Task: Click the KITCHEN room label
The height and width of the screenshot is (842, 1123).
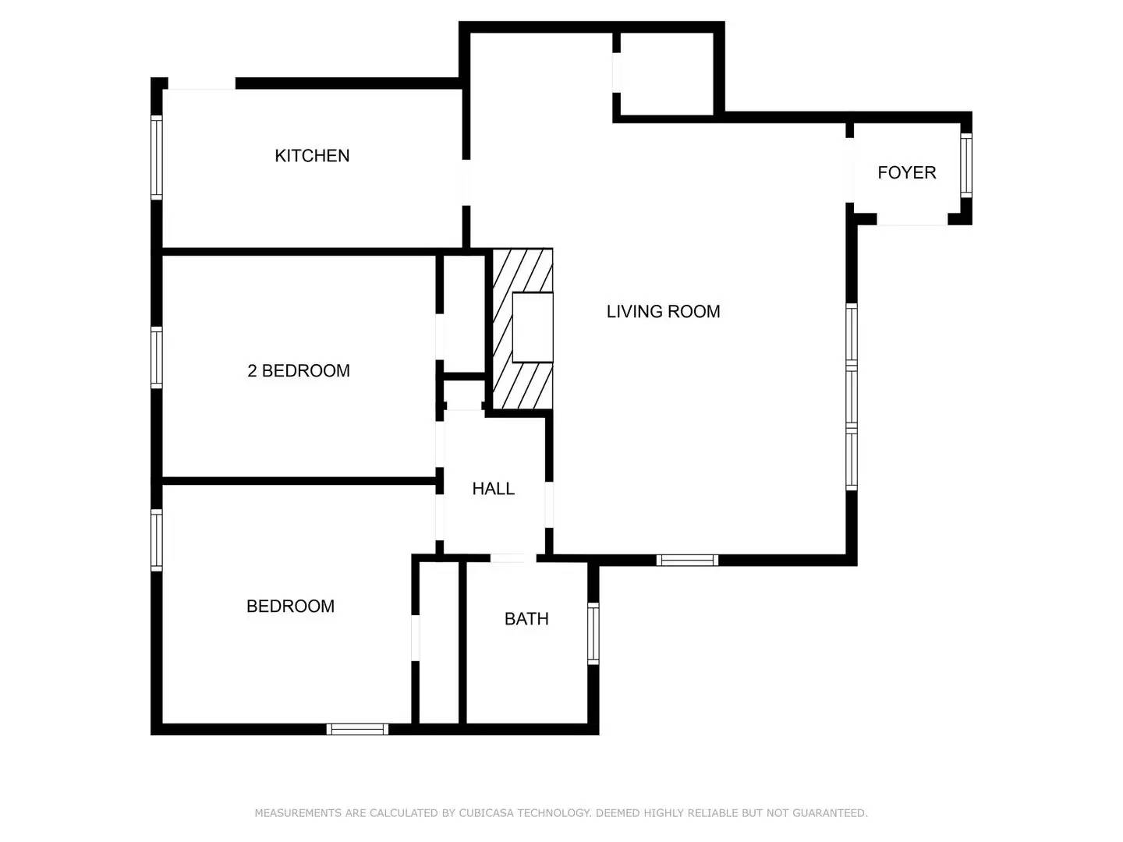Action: point(312,156)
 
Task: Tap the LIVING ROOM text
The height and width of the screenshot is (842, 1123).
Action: point(663,312)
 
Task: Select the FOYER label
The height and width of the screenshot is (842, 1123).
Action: point(906,173)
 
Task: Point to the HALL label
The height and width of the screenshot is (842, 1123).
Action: point(493,489)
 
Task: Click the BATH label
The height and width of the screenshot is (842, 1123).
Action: point(526,619)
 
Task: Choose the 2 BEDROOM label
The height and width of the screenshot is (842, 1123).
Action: point(299,371)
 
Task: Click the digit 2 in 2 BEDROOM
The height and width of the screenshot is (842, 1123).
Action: point(252,371)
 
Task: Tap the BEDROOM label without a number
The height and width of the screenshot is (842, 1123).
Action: point(290,607)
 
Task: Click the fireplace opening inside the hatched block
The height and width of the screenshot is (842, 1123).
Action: point(533,327)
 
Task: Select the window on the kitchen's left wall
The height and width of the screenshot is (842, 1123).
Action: point(157,157)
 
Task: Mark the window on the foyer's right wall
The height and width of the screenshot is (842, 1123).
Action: point(965,165)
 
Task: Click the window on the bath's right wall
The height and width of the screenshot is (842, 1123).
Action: point(593,632)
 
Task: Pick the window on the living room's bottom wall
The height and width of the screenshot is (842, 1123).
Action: point(687,560)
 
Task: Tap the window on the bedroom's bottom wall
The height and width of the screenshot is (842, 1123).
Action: point(357,729)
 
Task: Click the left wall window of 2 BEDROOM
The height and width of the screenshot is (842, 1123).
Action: point(157,358)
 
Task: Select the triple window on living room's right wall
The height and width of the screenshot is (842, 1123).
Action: point(852,397)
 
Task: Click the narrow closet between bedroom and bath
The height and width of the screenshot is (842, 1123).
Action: point(439,643)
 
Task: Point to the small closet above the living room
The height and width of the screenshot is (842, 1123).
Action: point(665,74)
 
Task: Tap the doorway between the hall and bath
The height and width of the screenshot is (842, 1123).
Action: point(512,558)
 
